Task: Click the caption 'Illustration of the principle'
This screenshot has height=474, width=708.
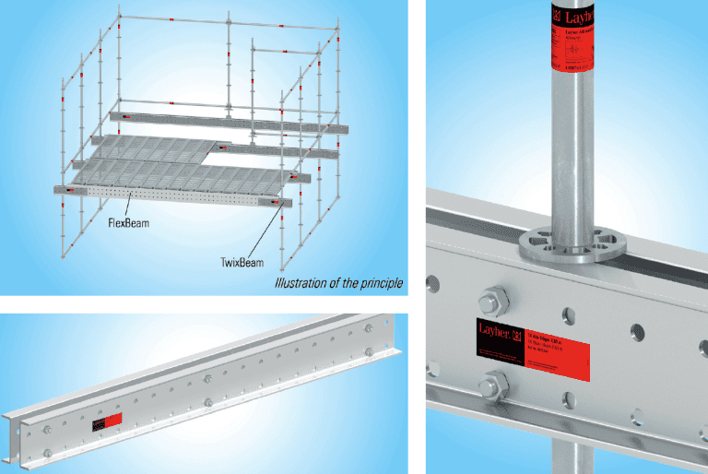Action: [x=339, y=282]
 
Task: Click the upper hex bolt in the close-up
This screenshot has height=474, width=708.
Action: [x=490, y=300]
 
